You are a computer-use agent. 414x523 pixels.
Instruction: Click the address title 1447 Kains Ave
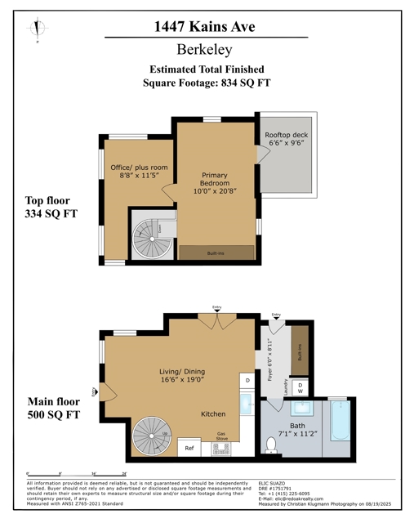coord(206,26)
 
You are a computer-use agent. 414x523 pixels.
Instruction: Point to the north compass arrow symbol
coord(36,29)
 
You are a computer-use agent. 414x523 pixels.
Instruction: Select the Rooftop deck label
coord(285,139)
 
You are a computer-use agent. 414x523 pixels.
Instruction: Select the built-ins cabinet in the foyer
coord(300,351)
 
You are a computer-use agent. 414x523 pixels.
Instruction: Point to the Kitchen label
coord(213,414)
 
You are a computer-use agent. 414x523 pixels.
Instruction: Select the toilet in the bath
coord(271,444)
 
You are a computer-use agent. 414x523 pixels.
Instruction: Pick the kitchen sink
coord(247,404)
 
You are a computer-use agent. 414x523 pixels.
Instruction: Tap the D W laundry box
coord(300,387)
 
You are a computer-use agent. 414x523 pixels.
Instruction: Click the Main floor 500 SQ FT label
coord(56,408)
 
